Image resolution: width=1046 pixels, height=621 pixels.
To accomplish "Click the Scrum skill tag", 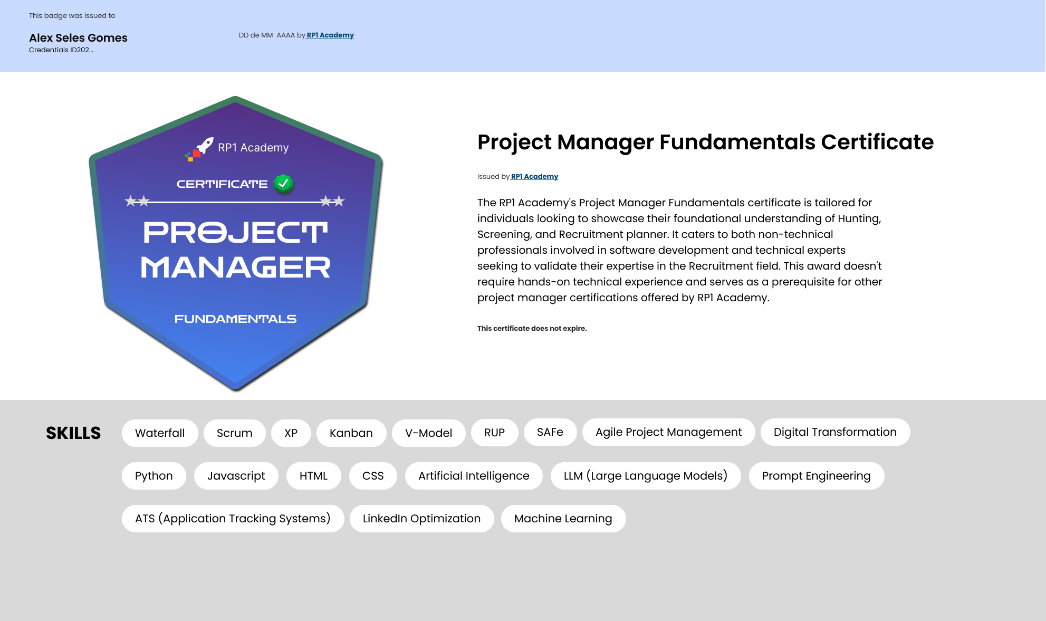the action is coord(235,433).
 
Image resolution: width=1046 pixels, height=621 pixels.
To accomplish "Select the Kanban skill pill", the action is coord(351,433).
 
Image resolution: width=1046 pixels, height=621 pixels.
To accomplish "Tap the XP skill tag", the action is coord(291,433).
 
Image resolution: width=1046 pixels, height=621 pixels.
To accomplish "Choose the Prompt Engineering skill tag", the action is coord(817,476).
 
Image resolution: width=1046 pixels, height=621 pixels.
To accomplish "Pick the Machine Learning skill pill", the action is coord(563,519).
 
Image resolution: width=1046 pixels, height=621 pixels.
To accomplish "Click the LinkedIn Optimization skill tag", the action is coord(422,519).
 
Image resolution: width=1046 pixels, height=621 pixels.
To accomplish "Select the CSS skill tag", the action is coord(373,476).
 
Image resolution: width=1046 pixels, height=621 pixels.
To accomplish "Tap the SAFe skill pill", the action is coord(550,432).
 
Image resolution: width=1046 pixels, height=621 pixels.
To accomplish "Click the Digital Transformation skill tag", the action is coord(836,432).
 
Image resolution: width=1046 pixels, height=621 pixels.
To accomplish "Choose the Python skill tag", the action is coord(154,476).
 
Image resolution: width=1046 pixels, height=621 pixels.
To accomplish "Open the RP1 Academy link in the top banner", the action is coord(330,35).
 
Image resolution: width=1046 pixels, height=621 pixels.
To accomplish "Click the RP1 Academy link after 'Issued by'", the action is coord(534,177).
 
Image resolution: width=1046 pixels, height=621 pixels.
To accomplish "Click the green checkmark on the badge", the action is coord(284,184).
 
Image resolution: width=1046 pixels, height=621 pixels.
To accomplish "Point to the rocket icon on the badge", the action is coord(204,145).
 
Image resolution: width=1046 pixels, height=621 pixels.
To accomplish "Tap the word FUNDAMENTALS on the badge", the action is coord(236,319).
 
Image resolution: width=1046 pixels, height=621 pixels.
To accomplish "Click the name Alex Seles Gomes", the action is coord(78,38).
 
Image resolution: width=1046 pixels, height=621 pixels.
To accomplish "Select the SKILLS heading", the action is coord(73,433).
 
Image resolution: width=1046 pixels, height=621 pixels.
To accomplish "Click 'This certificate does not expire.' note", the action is coord(532,328).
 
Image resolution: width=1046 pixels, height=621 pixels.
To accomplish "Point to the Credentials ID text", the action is coord(61,50).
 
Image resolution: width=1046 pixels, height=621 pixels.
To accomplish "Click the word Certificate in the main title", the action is coord(878,142).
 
